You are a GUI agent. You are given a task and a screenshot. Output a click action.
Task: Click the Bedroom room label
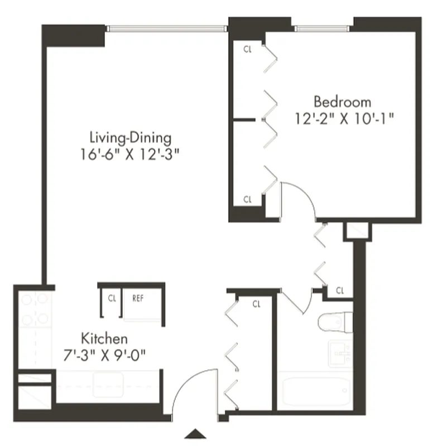click(342, 102)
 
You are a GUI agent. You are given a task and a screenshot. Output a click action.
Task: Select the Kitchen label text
click(105, 338)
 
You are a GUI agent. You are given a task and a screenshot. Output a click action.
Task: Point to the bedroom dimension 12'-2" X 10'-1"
click(346, 119)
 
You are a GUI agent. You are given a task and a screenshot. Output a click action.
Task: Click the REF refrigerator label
click(138, 298)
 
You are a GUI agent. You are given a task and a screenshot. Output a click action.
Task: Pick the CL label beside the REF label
click(112, 298)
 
